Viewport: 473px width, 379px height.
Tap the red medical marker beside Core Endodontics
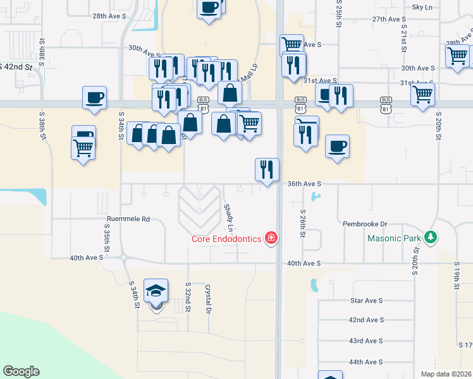tap(272, 238)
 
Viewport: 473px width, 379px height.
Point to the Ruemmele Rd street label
tap(128, 219)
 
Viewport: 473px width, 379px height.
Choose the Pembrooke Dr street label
tap(364, 224)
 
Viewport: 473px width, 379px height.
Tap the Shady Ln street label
tap(229, 217)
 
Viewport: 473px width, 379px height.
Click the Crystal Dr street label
tap(207, 298)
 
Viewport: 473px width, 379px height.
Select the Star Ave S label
tap(367, 301)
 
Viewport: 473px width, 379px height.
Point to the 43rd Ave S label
tap(367, 341)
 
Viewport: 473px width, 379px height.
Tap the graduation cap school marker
tap(156, 291)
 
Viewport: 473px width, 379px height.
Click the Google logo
tap(21, 371)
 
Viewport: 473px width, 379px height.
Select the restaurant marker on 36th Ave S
tap(267, 169)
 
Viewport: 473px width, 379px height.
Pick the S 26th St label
tap(303, 224)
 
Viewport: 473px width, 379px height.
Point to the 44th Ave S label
tap(367, 362)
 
